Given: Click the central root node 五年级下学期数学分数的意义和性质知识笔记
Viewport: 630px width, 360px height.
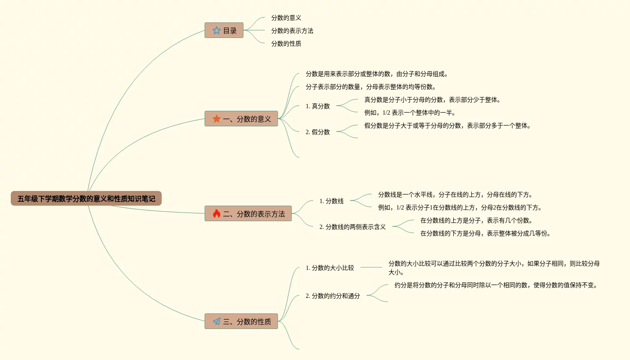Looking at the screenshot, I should [x=86, y=199].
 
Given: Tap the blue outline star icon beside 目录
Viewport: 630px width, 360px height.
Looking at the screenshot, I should [x=216, y=31].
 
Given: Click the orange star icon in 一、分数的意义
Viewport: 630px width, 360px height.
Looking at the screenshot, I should [x=216, y=119].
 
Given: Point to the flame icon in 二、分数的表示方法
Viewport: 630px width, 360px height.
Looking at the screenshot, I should [x=216, y=214].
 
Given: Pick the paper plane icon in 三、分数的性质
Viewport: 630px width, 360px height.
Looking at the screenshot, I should [x=216, y=322].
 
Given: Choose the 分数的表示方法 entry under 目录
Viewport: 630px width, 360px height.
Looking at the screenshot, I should [x=292, y=31].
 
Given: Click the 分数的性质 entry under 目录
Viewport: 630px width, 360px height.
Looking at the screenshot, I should [x=286, y=44].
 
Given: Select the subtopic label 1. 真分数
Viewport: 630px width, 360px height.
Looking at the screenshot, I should [x=317, y=106].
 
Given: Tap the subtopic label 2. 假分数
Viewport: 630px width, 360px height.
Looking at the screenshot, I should [x=317, y=132].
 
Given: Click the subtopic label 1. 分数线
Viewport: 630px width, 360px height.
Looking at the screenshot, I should [x=331, y=201].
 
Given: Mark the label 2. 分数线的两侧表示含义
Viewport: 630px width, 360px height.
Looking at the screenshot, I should [x=352, y=227].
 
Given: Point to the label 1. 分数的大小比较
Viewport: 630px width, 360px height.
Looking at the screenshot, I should [x=329, y=268].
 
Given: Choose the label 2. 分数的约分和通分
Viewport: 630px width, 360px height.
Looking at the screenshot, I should [x=332, y=296].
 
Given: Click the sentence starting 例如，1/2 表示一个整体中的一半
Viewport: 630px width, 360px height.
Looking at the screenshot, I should [x=410, y=113].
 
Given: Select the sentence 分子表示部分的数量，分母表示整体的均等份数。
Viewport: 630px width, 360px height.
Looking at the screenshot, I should [x=371, y=87].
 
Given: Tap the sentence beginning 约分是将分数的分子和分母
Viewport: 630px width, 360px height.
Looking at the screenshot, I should [x=496, y=285].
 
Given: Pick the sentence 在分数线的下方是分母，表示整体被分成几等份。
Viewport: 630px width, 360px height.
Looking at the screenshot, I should [x=485, y=233].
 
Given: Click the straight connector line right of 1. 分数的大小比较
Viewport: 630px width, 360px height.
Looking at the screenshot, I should [x=371, y=267].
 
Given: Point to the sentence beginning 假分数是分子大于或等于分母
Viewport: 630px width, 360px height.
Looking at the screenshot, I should [x=447, y=125].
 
